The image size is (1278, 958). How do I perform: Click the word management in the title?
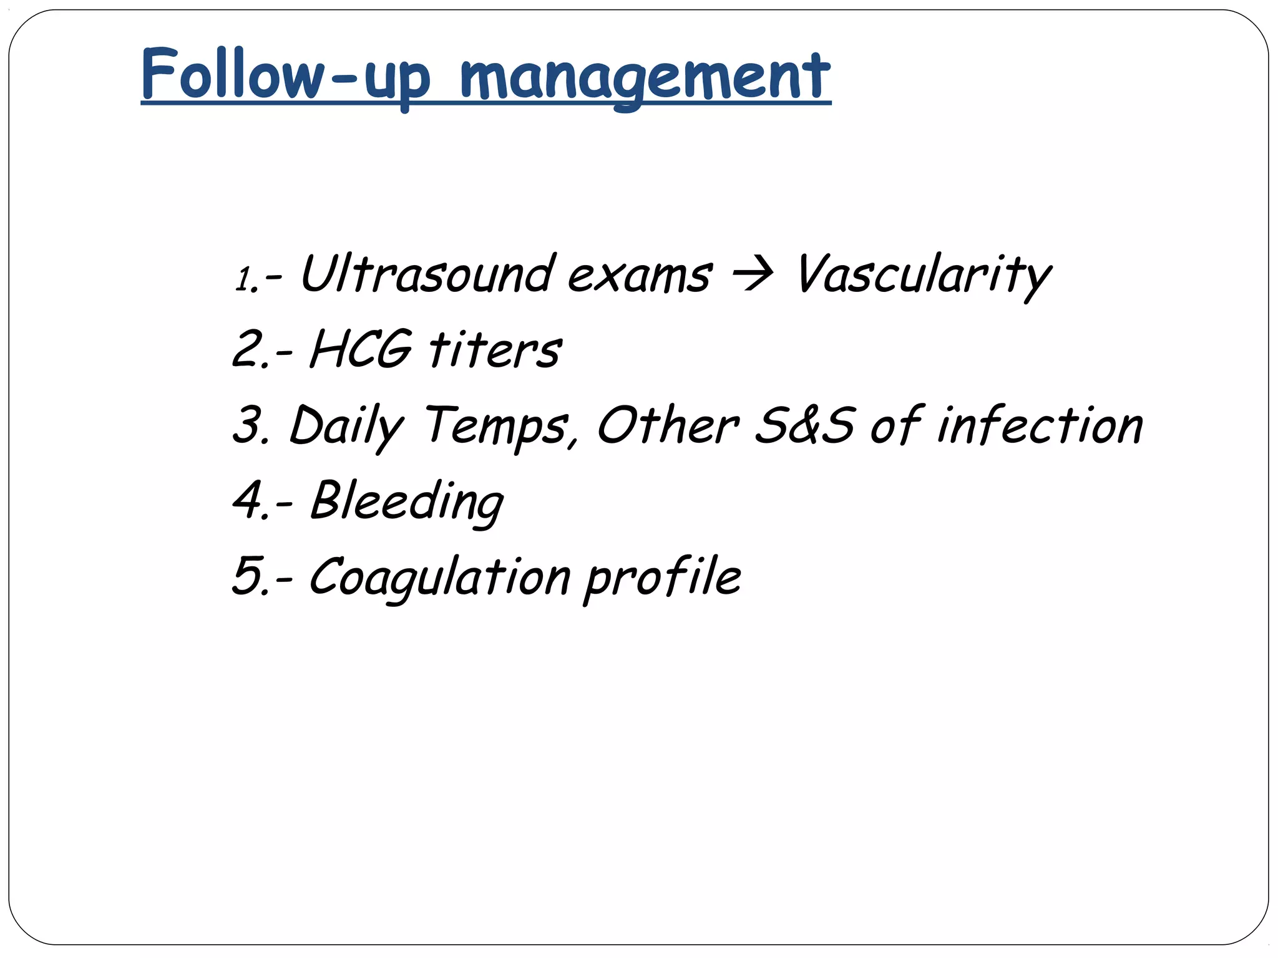tap(645, 78)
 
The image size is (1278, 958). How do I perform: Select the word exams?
tap(639, 276)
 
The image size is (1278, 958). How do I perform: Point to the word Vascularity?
tap(924, 276)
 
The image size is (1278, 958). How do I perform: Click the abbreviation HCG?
tap(361, 349)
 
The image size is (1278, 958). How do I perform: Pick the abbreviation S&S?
tap(804, 425)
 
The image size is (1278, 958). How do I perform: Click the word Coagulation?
tap(439, 577)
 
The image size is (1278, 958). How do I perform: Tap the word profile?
tap(663, 577)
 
